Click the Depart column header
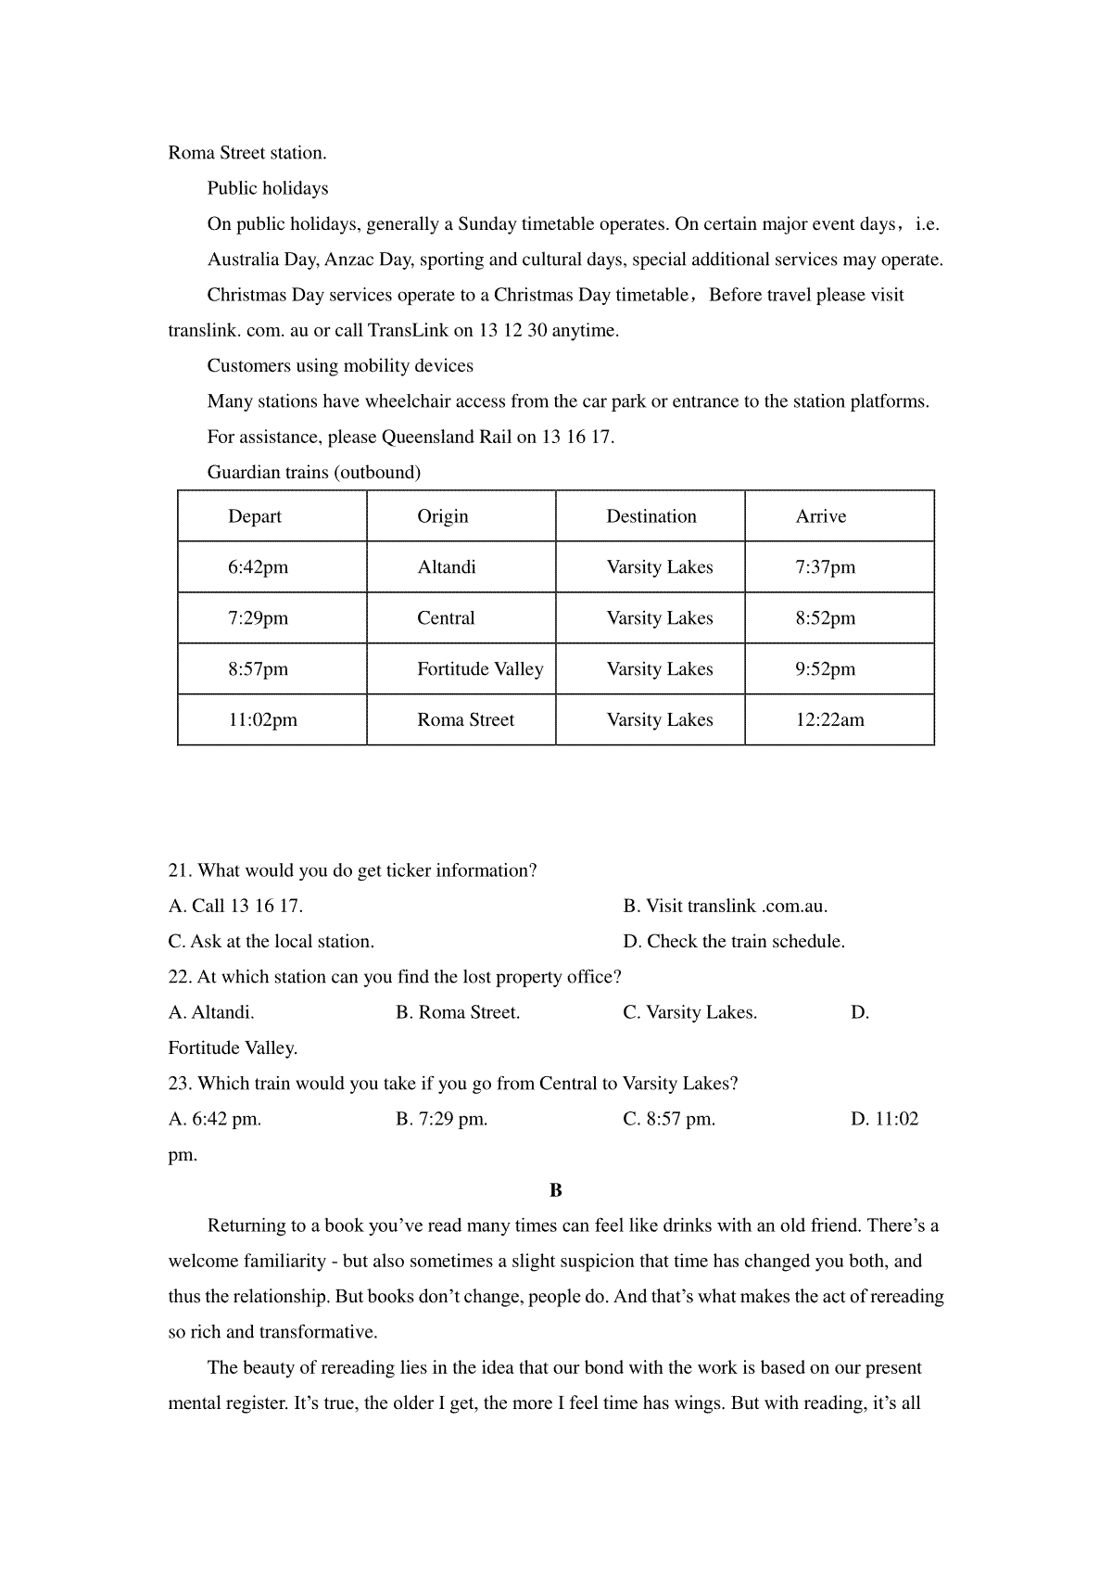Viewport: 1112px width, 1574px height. [255, 516]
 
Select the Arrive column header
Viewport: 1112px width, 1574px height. [820, 516]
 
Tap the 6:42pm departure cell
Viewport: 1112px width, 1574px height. [258, 567]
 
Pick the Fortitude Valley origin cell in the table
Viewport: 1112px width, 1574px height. [480, 669]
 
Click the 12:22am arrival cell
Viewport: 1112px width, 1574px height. [829, 720]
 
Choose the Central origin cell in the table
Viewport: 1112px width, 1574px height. [446, 618]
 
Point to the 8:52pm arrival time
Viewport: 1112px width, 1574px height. [825, 618]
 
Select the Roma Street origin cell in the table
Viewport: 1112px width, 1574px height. [465, 720]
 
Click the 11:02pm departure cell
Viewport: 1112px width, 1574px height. [262, 720]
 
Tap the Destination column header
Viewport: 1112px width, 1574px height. [651, 516]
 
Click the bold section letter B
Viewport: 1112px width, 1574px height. [556, 1190]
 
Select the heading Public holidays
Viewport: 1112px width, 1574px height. [268, 188]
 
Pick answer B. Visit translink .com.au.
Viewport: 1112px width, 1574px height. [725, 907]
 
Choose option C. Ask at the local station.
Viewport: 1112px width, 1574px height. [271, 942]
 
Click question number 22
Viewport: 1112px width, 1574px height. [179, 977]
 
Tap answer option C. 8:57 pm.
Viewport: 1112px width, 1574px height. [668, 1119]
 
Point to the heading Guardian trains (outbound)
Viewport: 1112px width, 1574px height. [313, 473]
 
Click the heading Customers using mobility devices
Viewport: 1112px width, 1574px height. [340, 366]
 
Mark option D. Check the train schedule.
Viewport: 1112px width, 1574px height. [733, 942]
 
